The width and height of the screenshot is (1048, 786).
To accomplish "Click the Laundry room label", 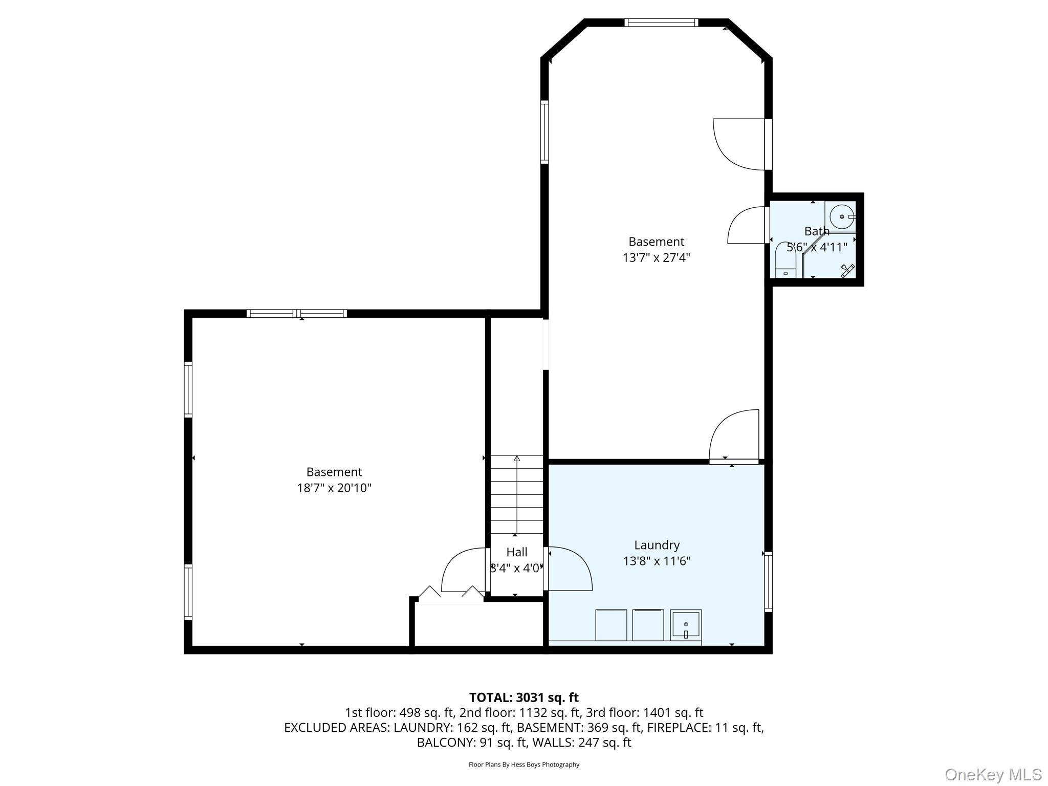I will click(657, 545).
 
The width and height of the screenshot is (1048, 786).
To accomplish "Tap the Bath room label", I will click(817, 231).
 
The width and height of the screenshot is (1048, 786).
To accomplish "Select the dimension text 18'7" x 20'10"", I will click(334, 488).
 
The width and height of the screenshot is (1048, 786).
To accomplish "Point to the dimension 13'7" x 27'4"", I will click(656, 257).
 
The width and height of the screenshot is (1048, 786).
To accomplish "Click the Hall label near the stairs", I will click(516, 552).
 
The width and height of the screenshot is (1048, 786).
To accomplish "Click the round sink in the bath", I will click(842, 217).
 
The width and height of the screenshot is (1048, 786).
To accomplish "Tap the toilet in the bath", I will click(785, 261).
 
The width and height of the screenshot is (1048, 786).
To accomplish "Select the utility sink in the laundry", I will click(686, 625).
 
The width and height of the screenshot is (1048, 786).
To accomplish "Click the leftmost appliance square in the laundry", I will click(611, 625).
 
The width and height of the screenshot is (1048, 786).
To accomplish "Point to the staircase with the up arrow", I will click(517, 494).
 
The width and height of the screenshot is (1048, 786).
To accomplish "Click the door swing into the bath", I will click(748, 226).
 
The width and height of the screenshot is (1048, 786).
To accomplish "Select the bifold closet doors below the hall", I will click(451, 594).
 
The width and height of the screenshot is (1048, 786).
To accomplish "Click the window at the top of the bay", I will click(661, 23).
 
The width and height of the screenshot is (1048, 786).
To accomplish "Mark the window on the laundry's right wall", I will click(768, 582).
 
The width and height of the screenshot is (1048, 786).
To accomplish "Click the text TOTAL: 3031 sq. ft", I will click(523, 697).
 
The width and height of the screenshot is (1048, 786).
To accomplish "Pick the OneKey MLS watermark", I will click(993, 774).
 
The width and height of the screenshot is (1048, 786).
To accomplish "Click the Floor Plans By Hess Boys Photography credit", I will click(523, 765).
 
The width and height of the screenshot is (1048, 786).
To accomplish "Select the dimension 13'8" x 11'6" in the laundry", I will click(657, 561).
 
